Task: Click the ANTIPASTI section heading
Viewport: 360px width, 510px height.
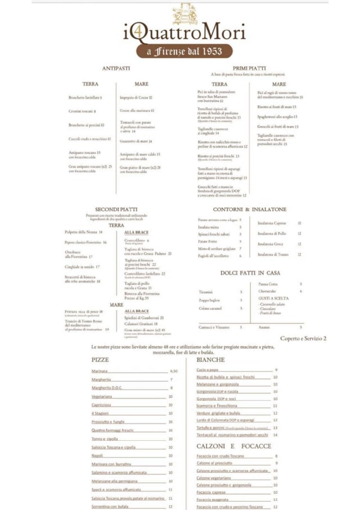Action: [x=116, y=69]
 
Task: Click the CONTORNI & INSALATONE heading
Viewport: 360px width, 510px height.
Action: [x=249, y=209]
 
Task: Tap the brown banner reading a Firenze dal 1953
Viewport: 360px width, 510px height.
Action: [x=185, y=52]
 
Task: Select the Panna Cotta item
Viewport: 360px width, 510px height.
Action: [x=267, y=284]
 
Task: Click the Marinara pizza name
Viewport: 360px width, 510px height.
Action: [x=100, y=371]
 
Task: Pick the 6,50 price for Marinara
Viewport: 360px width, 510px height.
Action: [x=174, y=371]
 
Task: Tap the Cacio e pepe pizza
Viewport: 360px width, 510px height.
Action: [x=207, y=370]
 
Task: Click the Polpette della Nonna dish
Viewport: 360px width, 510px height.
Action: [x=83, y=232]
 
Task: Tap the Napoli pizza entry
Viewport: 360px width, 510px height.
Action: [x=97, y=455]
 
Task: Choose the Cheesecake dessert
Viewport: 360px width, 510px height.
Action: [x=268, y=291]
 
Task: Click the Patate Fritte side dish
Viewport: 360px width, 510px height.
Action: [x=208, y=241]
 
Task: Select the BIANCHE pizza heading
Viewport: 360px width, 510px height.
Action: [x=211, y=359]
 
